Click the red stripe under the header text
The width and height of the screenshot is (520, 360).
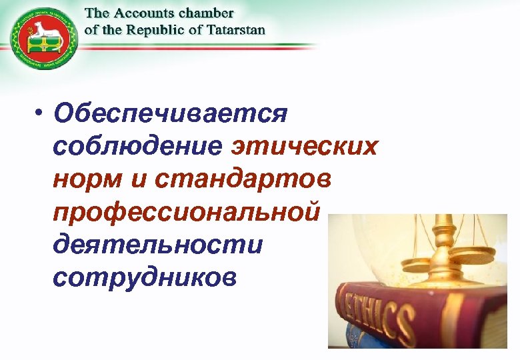200,45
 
